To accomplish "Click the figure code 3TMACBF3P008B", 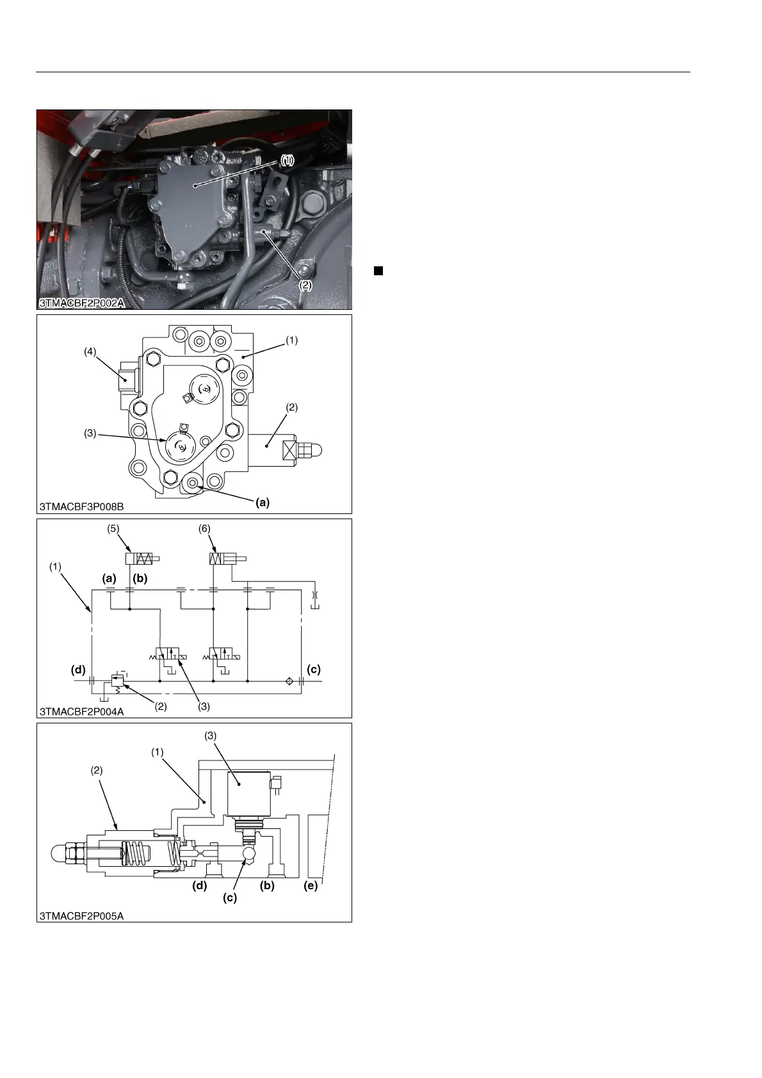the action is pyautogui.click(x=82, y=506).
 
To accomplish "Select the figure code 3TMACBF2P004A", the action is pyautogui.click(x=82, y=711).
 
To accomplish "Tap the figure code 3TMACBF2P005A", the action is pyautogui.click(x=82, y=916).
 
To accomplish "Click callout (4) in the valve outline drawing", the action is pyautogui.click(x=90, y=351).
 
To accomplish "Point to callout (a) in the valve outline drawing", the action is pyautogui.click(x=263, y=503).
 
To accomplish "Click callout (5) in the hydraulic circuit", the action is pyautogui.click(x=113, y=529).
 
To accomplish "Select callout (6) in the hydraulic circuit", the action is pyautogui.click(x=204, y=529).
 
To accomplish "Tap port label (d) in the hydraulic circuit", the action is pyautogui.click(x=78, y=670).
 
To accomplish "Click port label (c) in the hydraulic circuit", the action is pyautogui.click(x=314, y=670).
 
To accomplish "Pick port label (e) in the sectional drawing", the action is pyautogui.click(x=311, y=886).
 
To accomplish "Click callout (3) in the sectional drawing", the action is pyautogui.click(x=211, y=736).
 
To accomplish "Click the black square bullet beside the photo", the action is pyautogui.click(x=378, y=271).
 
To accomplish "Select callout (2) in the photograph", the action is pyautogui.click(x=306, y=286).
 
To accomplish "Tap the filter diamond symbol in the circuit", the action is pyautogui.click(x=289, y=681).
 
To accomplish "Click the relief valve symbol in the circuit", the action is pyautogui.click(x=117, y=681).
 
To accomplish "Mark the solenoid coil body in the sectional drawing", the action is pyautogui.click(x=248, y=794).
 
